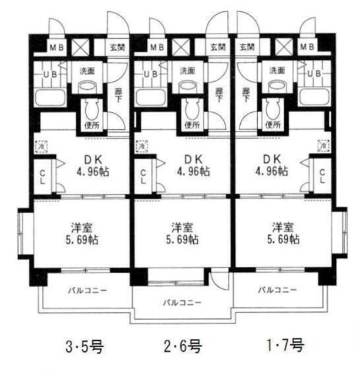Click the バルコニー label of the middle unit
[183, 303]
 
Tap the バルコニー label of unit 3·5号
[83, 290]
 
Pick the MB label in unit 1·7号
[307, 47]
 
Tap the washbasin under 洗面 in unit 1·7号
[277, 86]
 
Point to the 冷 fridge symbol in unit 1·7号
[322, 145]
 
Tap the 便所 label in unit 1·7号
[271, 125]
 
